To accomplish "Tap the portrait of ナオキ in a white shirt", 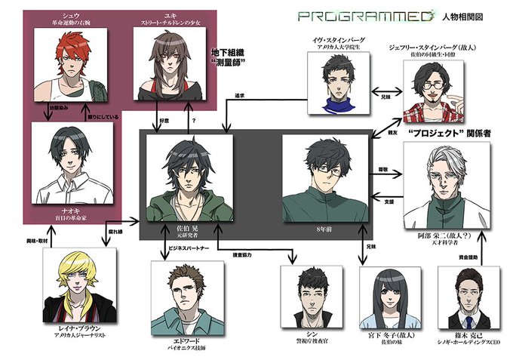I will [72, 158].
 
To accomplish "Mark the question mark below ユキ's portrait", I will [197, 118].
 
